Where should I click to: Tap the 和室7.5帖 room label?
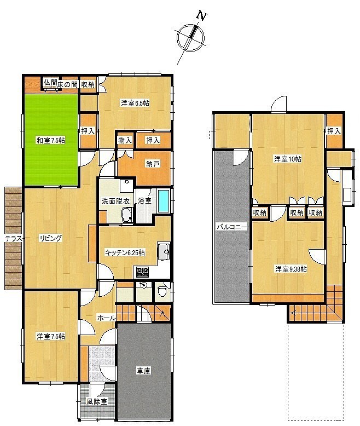pos(51,141)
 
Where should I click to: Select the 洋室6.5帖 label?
pos(135,103)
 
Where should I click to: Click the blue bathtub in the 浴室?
pos(164,201)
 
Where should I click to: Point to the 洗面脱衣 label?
pos(115,202)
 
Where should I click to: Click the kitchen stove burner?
pos(142,272)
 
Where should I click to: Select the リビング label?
pos(50,238)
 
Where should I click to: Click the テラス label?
pos(14,239)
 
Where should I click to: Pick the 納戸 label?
pos(153,164)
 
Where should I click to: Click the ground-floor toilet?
pos(162,291)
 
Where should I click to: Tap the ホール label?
pos(106,318)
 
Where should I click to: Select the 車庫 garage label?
pos(143,371)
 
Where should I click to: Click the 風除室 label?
pos(97,401)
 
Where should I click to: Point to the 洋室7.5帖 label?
pos(51,336)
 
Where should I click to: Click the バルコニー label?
pos(231,227)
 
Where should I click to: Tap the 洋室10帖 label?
pos(288,159)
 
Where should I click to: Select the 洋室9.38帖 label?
pos(291,269)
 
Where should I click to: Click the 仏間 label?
pos(50,82)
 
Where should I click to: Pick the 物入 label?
pos(125,141)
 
